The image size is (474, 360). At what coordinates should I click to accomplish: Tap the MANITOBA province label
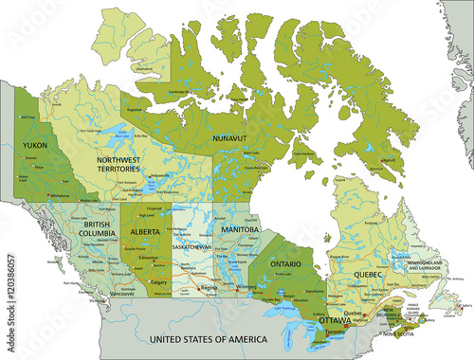coord(238,230)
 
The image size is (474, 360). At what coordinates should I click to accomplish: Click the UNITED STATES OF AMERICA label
coord(203,338)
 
